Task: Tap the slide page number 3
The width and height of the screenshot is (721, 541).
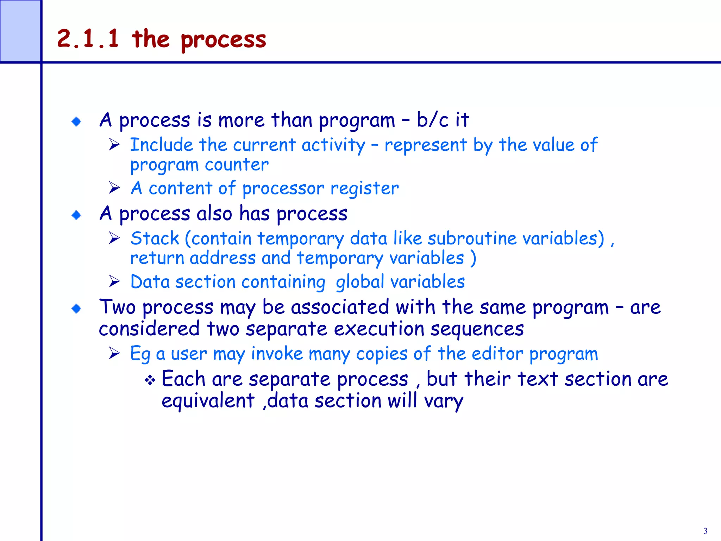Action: click(705, 531)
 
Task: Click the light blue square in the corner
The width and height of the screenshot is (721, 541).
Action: click(20, 31)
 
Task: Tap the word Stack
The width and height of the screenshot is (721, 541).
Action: click(155, 238)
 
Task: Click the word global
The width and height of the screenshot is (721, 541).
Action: click(359, 282)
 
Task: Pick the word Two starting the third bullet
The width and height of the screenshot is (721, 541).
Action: click(117, 307)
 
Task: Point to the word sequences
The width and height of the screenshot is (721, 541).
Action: click(477, 329)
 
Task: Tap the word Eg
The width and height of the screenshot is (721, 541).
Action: click(140, 354)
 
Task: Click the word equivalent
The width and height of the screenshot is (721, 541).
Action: click(208, 401)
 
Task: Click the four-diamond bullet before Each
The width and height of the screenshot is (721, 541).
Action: click(150, 380)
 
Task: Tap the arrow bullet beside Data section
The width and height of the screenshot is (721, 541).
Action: click(114, 281)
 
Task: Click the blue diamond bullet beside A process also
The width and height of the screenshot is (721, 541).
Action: click(76, 215)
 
